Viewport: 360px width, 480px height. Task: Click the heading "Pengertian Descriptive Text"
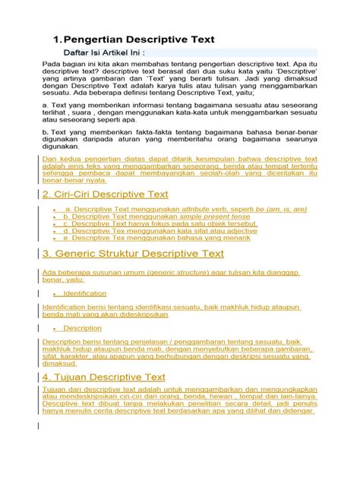pyautogui.click(x=140, y=39)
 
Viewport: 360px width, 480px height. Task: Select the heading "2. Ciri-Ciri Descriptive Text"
pyautogui.click(x=106, y=195)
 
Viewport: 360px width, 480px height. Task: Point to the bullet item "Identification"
pyautogui.click(x=85, y=292)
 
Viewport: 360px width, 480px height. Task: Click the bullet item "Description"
pyautogui.click(x=82, y=328)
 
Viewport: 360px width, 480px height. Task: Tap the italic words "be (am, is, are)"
pyautogui.click(x=281, y=209)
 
